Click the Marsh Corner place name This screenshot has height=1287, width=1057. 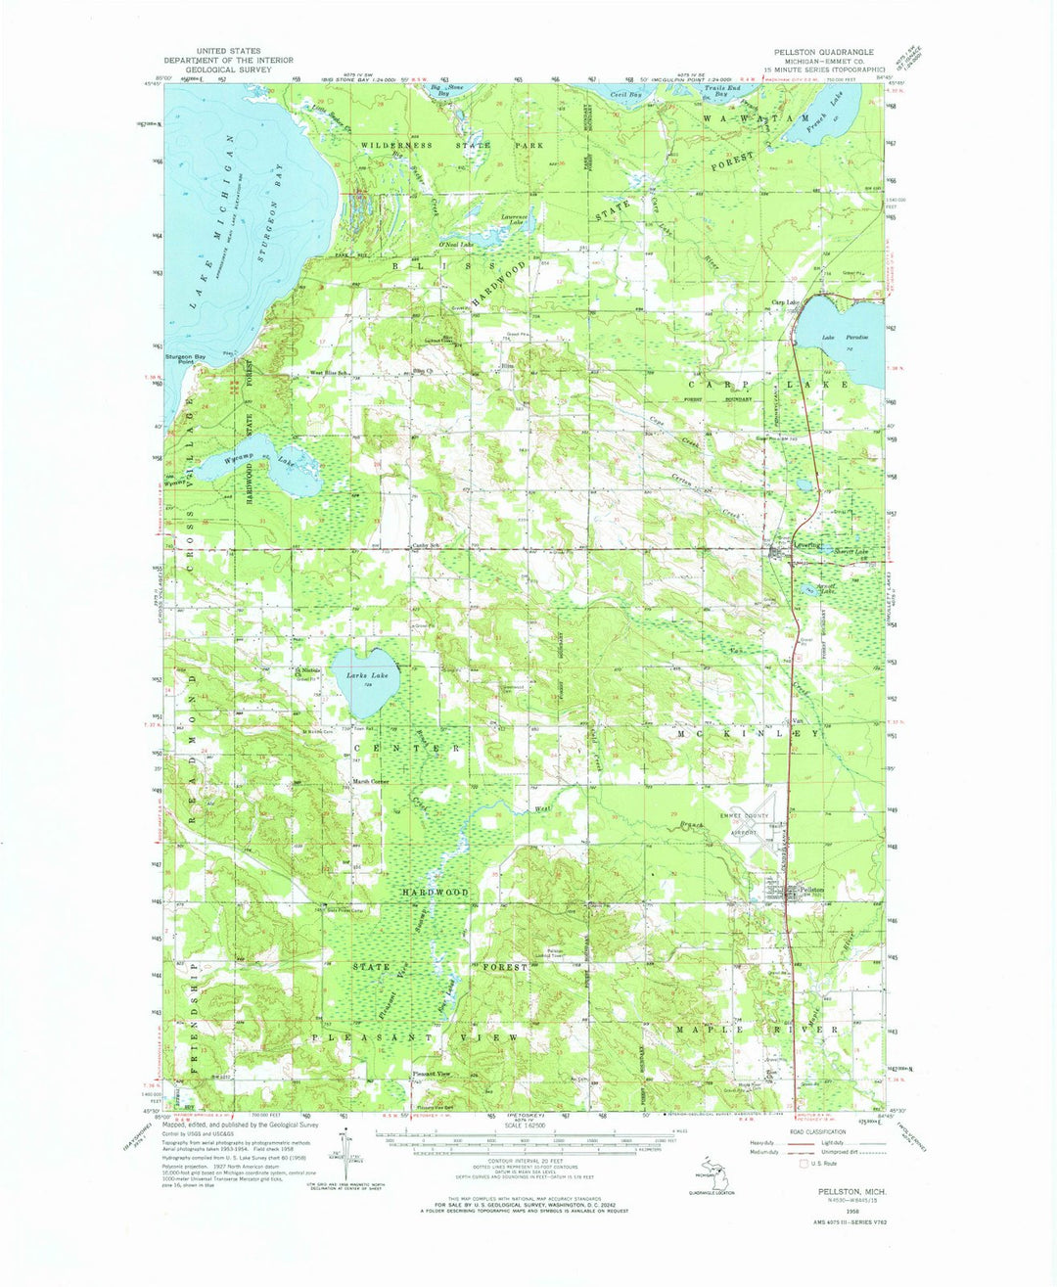(x=372, y=781)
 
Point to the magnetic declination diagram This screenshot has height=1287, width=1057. (x=345, y=1154)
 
